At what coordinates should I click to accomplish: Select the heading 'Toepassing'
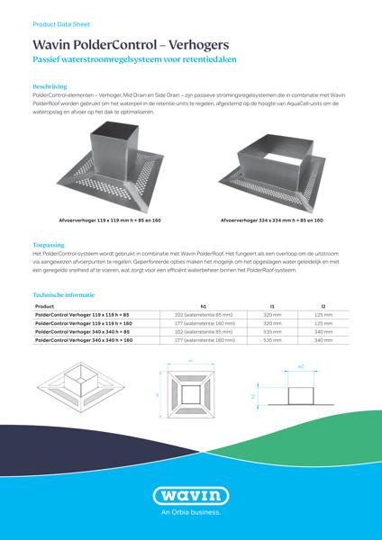48,244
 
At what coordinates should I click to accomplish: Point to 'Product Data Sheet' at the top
60,17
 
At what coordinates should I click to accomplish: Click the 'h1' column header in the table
204,306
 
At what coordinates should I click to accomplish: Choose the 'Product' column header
45,306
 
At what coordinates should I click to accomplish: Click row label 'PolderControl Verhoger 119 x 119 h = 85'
81,315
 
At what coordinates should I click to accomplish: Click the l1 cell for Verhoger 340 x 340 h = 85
272,332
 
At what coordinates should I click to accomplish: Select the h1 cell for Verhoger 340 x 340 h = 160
204,341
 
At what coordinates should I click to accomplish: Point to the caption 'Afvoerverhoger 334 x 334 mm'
272,220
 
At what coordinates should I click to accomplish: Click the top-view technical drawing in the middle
191,393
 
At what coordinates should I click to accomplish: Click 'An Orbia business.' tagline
190,513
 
